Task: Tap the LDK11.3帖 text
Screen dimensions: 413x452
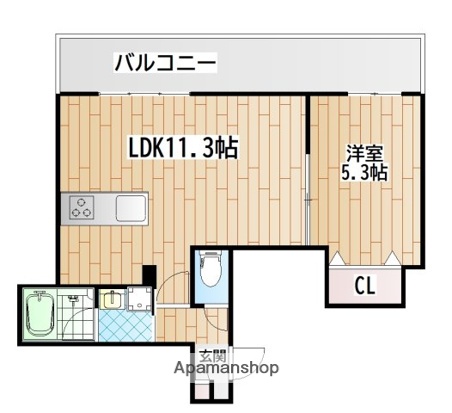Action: (x=181, y=148)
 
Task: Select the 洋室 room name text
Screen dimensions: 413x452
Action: (x=365, y=154)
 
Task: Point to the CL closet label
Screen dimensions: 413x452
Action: (x=367, y=285)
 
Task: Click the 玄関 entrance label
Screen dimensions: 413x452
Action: (x=212, y=355)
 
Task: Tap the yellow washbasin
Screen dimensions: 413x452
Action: (x=110, y=298)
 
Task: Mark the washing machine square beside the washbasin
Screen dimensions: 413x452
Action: (x=136, y=298)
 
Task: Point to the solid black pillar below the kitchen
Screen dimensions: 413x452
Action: (x=149, y=273)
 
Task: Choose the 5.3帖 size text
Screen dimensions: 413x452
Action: (x=365, y=173)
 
